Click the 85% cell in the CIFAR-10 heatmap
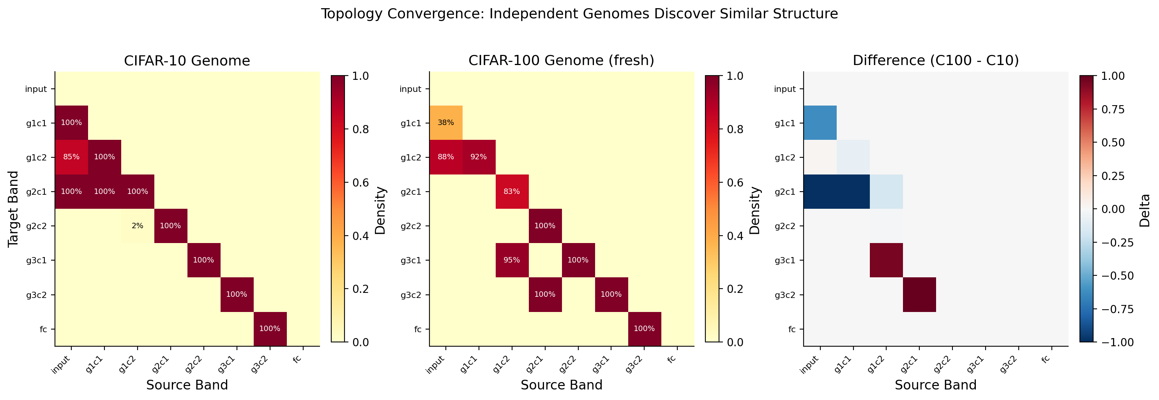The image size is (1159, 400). pyautogui.click(x=71, y=157)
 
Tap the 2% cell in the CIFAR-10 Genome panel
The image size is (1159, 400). pyautogui.click(x=137, y=226)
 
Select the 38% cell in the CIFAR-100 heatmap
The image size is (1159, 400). pyautogui.click(x=446, y=123)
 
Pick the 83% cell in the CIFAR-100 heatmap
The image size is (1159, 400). pyautogui.click(x=512, y=192)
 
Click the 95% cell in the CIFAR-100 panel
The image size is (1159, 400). pyautogui.click(x=512, y=260)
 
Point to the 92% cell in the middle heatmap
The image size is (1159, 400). pyautogui.click(x=479, y=157)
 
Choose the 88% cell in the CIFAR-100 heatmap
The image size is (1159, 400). pyautogui.click(x=446, y=157)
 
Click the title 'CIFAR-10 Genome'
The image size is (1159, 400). pyautogui.click(x=187, y=61)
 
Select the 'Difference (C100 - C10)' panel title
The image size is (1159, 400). pyautogui.click(x=935, y=61)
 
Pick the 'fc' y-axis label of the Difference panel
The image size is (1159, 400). pyautogui.click(x=792, y=330)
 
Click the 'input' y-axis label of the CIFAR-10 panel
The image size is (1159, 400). pyautogui.click(x=36, y=89)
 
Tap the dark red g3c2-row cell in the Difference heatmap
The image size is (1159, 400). pyautogui.click(x=919, y=294)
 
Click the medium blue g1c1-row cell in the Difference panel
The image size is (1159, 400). pyautogui.click(x=820, y=123)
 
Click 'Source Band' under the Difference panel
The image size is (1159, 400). pyautogui.click(x=935, y=385)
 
